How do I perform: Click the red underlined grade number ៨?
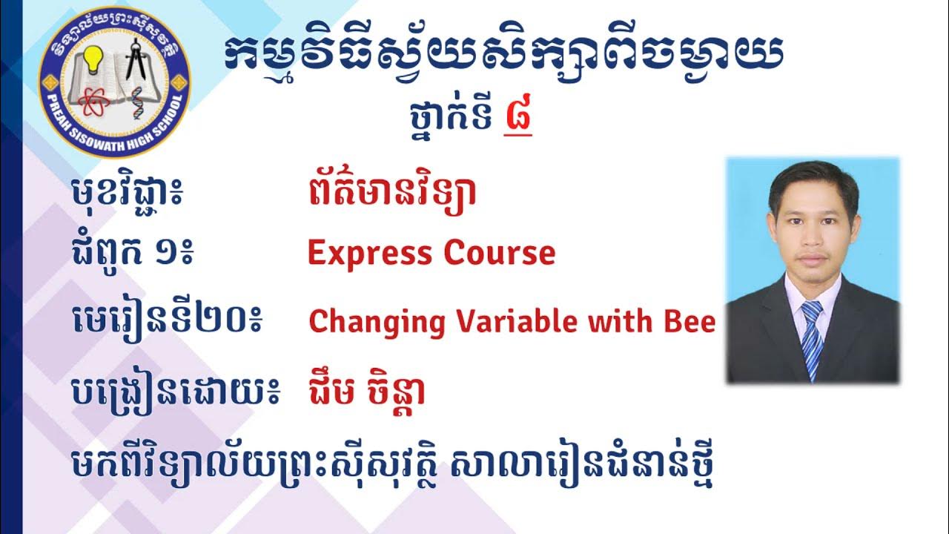[x=518, y=119]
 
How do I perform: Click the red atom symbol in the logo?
[x=91, y=103]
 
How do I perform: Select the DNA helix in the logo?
[x=137, y=102]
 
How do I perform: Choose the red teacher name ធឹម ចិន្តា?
[x=366, y=392]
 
